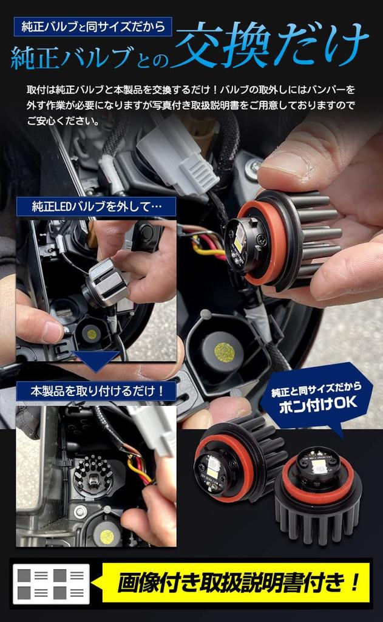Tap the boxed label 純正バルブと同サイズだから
click(x=92, y=27)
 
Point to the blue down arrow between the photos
click(x=95, y=360)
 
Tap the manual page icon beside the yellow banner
click(x=51, y=584)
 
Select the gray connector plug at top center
click(x=177, y=156)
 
